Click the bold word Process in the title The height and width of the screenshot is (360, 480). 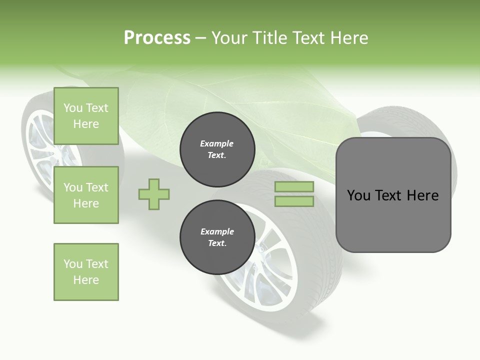[x=157, y=38]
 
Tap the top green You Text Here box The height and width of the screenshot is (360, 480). [x=86, y=116]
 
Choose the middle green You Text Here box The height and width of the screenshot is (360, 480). [x=86, y=195]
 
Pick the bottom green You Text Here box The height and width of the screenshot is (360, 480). [x=86, y=272]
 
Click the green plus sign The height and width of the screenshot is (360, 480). [x=154, y=194]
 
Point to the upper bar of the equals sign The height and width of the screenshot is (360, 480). [x=294, y=187]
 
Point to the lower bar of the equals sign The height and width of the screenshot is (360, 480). [x=294, y=201]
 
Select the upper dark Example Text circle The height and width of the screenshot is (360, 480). [x=217, y=149]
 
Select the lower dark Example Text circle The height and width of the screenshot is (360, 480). [x=217, y=237]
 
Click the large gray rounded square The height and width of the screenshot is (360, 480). [x=393, y=220]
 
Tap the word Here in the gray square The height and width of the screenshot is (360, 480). [x=422, y=195]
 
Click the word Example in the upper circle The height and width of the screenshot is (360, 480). [x=217, y=143]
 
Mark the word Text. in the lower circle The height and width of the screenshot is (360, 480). [x=217, y=243]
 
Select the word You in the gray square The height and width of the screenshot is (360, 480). [x=358, y=195]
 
